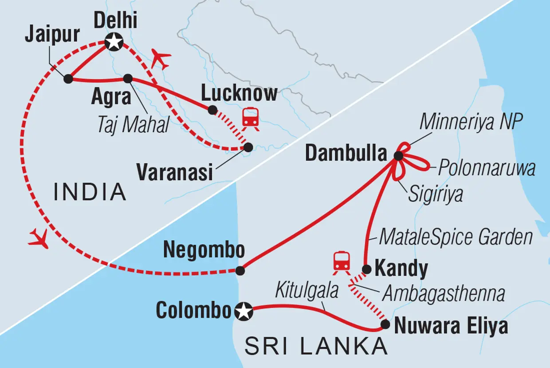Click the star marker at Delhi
tap(114, 43)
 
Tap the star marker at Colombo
tap(244, 312)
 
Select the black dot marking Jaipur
tap(68, 79)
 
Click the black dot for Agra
tap(128, 79)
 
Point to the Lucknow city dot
tap(212, 110)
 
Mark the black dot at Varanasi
tap(248, 146)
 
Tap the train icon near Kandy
tap(342, 261)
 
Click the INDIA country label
tap(90, 192)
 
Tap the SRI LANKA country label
tap(316, 347)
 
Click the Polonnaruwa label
tap(487, 168)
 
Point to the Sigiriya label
tap(435, 194)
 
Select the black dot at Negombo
tap(240, 270)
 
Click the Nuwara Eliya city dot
tap(385, 324)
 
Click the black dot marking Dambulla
tap(398, 155)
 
